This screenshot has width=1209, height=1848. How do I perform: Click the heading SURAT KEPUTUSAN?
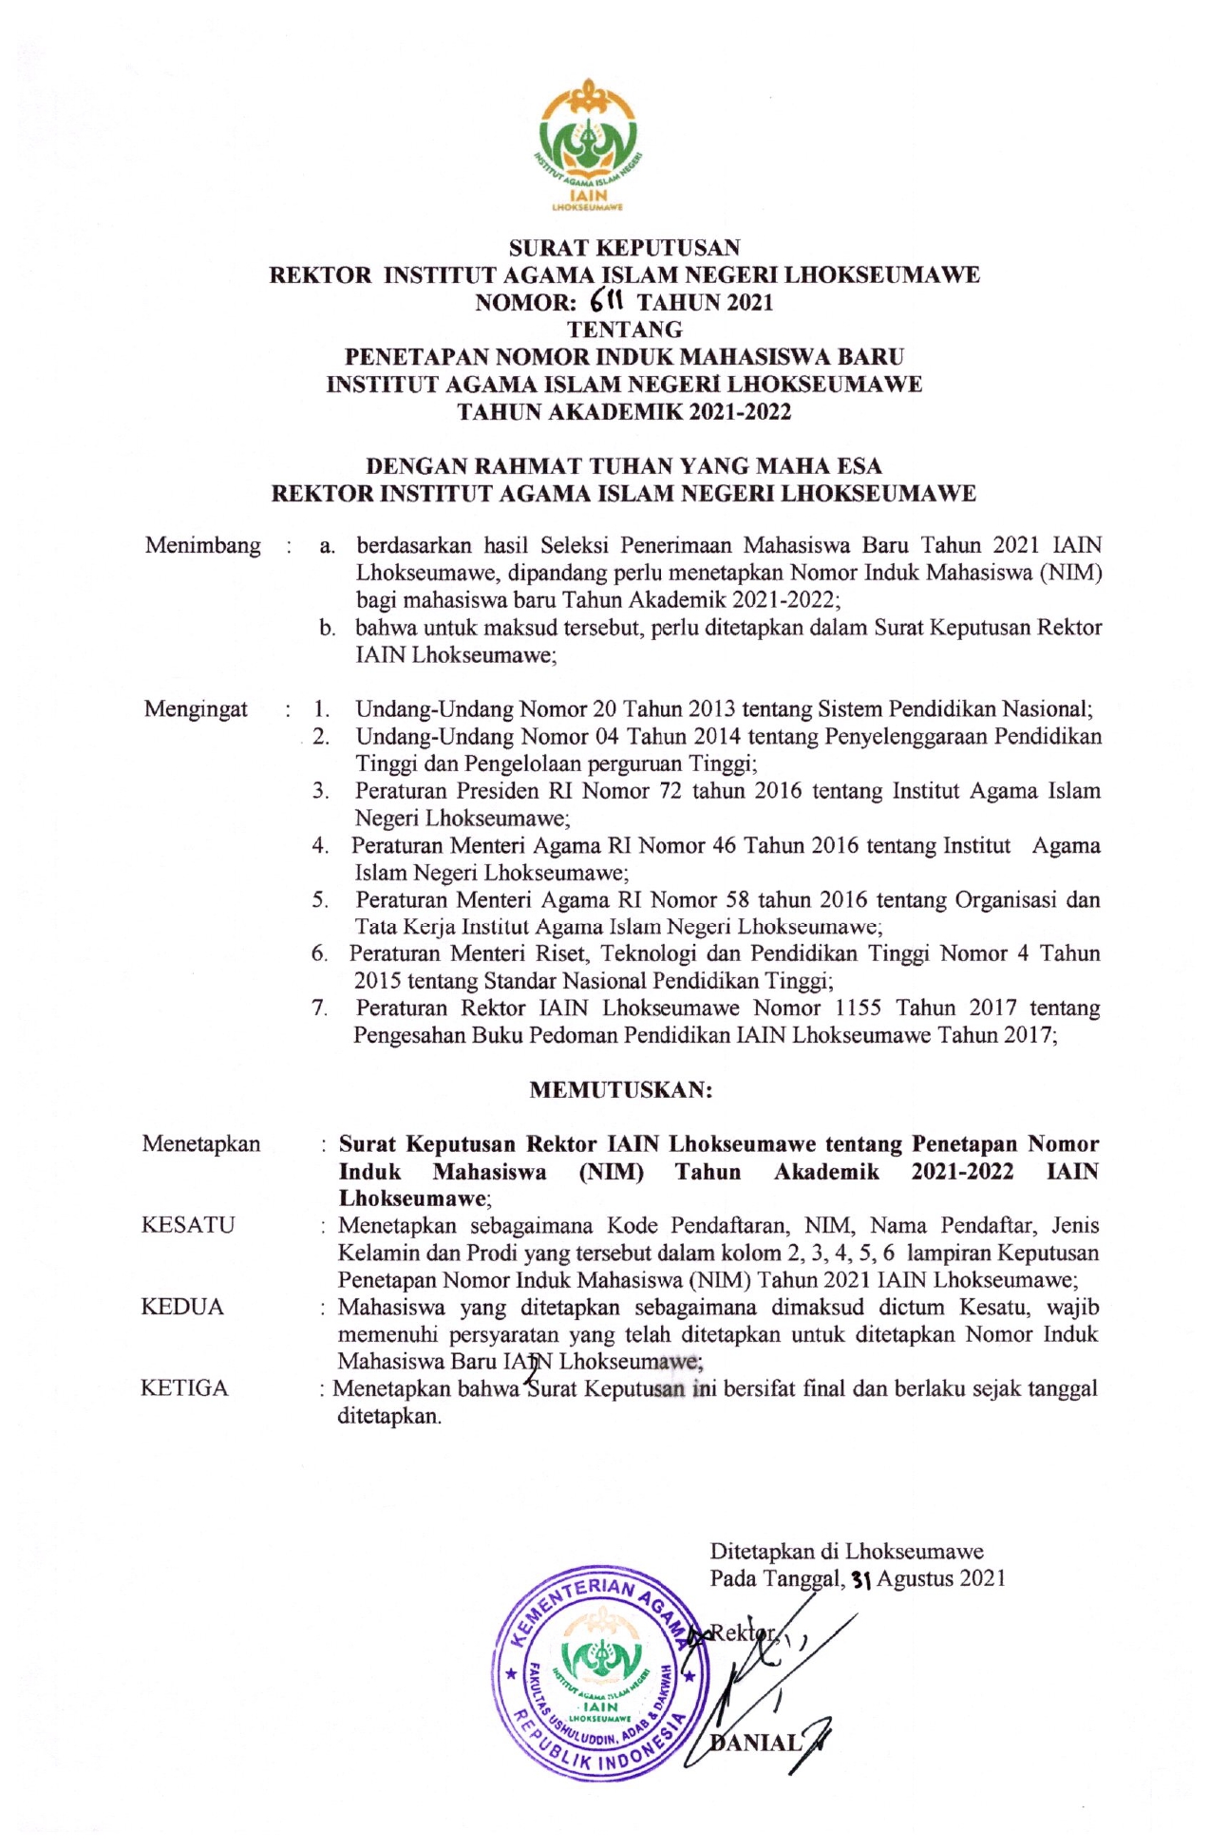pos(624,248)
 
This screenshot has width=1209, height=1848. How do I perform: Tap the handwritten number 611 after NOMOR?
pos(604,301)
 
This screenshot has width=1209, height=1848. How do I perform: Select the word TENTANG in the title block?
pos(624,330)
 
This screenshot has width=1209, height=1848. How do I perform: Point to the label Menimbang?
pos(202,545)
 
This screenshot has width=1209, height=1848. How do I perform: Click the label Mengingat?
pos(196,708)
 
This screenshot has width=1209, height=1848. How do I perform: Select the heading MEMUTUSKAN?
pos(620,1089)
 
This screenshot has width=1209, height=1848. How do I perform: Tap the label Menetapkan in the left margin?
pos(200,1143)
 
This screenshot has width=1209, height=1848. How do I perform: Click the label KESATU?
pos(187,1225)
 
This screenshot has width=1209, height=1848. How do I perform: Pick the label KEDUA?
pos(182,1307)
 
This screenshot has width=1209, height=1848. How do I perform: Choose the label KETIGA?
pos(184,1388)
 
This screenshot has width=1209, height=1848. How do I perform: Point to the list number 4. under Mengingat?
pos(321,845)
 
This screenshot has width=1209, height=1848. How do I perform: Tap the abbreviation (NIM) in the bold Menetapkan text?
pos(611,1171)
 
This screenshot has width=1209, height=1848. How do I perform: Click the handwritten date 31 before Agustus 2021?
pos(861,1579)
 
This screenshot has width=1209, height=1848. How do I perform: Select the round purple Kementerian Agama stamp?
pos(597,1684)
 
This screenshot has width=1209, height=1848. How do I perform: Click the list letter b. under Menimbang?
pos(328,628)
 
